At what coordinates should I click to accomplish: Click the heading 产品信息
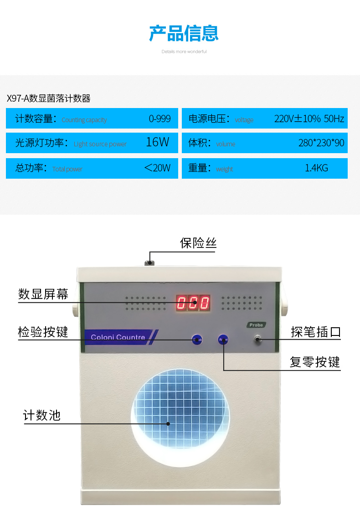pyautogui.click(x=184, y=33)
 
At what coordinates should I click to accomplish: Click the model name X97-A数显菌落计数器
pyautogui.click(x=49, y=98)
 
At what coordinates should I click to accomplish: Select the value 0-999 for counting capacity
pyautogui.click(x=159, y=119)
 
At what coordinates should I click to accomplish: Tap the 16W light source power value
pyautogui.click(x=157, y=142)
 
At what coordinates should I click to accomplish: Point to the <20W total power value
pyautogui.click(x=157, y=168)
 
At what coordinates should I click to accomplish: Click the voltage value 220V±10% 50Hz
pyautogui.click(x=309, y=119)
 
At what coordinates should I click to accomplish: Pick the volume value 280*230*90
pyautogui.click(x=321, y=143)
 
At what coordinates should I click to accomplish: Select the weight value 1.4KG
pyautogui.click(x=316, y=168)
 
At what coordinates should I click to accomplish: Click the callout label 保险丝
pyautogui.click(x=198, y=243)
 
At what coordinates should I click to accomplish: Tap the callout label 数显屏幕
pyautogui.click(x=43, y=294)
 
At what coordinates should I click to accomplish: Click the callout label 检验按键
pyautogui.click(x=43, y=331)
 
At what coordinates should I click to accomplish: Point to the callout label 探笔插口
pyautogui.click(x=316, y=331)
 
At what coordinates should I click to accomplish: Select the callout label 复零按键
pyautogui.click(x=315, y=362)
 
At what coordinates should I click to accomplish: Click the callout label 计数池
pyautogui.click(x=42, y=415)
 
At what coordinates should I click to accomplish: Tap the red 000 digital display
pyautogui.click(x=193, y=303)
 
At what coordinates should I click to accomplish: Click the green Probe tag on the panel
pyautogui.click(x=257, y=325)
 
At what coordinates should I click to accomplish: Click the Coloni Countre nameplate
pyautogui.click(x=118, y=337)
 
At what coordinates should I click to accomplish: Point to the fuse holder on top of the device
pyautogui.click(x=149, y=263)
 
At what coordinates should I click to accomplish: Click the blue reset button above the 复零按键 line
pyautogui.click(x=223, y=340)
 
